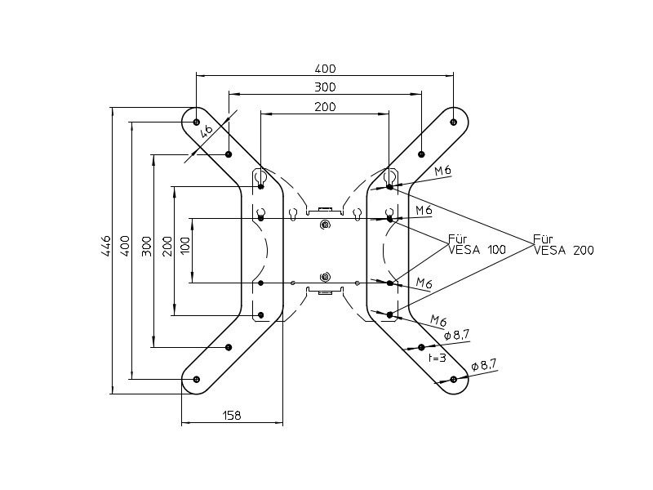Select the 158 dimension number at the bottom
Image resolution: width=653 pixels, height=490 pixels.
click(x=232, y=416)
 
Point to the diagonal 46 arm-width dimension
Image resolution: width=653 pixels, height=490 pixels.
click(x=207, y=129)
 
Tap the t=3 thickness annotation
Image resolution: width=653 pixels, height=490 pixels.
click(x=438, y=358)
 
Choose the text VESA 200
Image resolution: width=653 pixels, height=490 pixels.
click(x=563, y=251)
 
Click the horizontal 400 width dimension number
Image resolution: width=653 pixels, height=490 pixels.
click(x=326, y=69)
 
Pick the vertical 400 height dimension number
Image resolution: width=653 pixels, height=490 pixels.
click(x=125, y=247)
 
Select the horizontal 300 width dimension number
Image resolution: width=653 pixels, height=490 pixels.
click(x=326, y=87)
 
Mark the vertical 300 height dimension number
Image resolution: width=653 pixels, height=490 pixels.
click(x=146, y=247)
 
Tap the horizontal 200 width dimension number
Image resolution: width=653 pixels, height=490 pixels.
click(x=326, y=107)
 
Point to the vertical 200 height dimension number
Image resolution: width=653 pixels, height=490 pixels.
click(x=167, y=247)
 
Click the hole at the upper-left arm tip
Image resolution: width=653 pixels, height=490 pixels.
click(x=197, y=122)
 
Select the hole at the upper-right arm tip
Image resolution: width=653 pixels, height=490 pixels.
click(x=454, y=122)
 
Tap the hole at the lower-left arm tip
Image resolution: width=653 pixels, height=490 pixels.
click(x=197, y=379)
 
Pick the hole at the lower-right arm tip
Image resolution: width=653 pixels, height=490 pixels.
click(x=454, y=379)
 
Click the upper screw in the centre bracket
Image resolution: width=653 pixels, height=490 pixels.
click(x=325, y=225)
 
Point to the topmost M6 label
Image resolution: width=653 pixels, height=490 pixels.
click(x=443, y=171)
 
